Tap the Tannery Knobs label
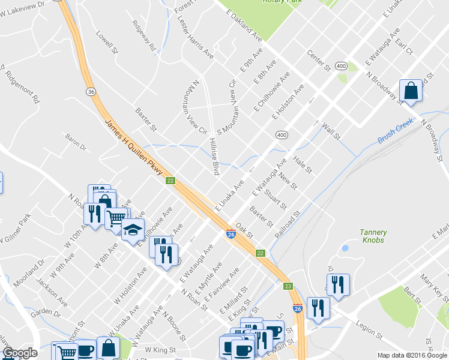[x=373, y=236]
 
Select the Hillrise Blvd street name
[x=212, y=155]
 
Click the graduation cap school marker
[x=132, y=230]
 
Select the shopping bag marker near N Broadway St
[x=411, y=91]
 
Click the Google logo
[x=20, y=353]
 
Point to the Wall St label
[x=331, y=130]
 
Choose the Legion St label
[x=369, y=330]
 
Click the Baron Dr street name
[x=76, y=146]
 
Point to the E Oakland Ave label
[x=247, y=30]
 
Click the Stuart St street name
[x=275, y=199]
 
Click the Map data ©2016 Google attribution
[x=412, y=355]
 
